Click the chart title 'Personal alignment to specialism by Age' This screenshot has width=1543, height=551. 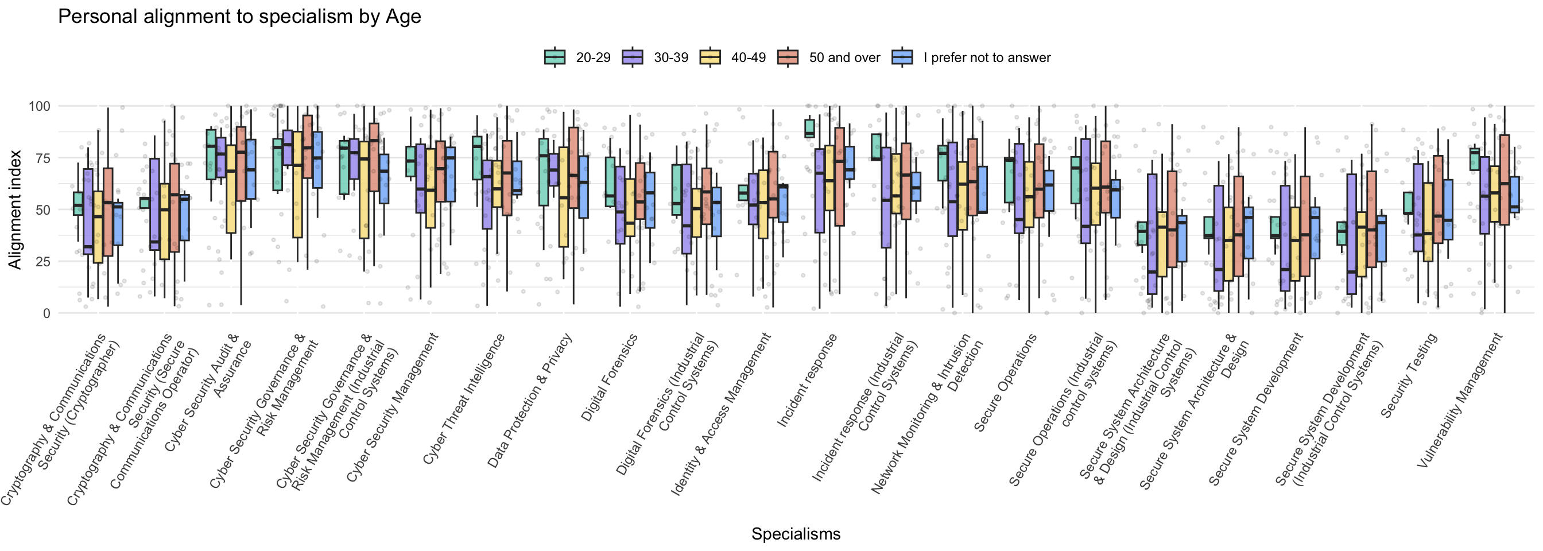239,16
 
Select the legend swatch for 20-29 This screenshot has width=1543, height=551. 555,57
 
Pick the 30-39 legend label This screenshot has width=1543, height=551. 671,57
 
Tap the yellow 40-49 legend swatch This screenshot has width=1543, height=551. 710,57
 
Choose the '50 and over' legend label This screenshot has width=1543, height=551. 844,57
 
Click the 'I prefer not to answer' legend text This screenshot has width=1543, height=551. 987,57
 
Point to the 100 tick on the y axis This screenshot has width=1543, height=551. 40,106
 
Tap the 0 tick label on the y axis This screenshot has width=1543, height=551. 46,313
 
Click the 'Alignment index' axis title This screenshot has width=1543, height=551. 14,209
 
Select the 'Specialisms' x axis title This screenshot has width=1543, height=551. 796,534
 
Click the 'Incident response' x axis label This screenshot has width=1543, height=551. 807,381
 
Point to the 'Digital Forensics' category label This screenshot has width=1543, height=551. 609,378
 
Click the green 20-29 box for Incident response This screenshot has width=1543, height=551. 810,128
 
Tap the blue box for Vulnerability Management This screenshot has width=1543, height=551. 1515,195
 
